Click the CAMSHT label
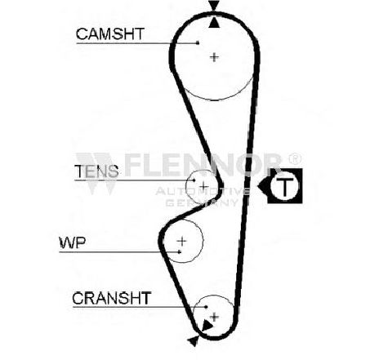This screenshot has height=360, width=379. (x=110, y=34)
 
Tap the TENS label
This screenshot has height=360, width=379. (x=96, y=171)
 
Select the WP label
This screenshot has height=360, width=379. (x=73, y=242)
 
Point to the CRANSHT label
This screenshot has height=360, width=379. (x=112, y=298)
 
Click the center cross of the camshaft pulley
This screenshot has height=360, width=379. (x=215, y=57)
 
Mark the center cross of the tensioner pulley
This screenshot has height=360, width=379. (x=203, y=187)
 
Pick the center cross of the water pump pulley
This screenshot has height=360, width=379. (x=182, y=241)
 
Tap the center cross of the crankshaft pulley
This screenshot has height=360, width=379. (x=215, y=317)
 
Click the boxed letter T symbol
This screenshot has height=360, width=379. (x=285, y=186)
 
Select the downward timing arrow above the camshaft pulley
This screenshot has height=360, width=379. (x=214, y=6)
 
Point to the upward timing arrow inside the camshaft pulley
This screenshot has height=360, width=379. (x=214, y=22)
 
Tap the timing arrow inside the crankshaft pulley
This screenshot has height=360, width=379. (x=207, y=325)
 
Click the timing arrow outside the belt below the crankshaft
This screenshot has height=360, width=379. (x=194, y=341)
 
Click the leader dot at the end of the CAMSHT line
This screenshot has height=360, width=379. (x=198, y=42)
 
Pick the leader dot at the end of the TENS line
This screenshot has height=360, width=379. (x=194, y=180)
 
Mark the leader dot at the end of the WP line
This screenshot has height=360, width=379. (x=179, y=252)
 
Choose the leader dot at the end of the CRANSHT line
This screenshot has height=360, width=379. (x=206, y=307)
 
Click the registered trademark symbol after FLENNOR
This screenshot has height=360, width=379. (x=295, y=159)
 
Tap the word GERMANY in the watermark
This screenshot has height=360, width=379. (x=202, y=202)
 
